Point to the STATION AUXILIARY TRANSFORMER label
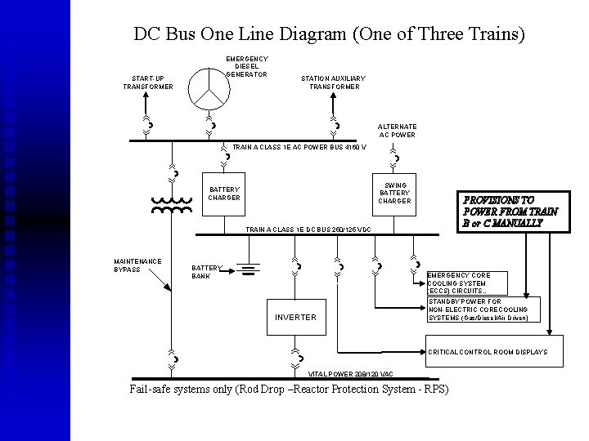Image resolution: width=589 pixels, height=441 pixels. (x=334, y=82)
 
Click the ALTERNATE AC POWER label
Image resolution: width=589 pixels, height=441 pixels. (x=397, y=131)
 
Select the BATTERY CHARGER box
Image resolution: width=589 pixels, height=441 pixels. (x=224, y=194)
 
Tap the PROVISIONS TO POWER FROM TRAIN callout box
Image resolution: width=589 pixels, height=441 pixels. (x=510, y=211)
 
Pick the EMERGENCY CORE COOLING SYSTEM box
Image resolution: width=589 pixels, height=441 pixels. (x=467, y=283)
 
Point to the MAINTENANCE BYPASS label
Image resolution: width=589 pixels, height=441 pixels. (x=137, y=265)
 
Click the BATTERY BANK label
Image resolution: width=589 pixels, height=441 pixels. (x=206, y=271)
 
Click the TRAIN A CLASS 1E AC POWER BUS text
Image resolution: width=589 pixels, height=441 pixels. (x=299, y=147)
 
